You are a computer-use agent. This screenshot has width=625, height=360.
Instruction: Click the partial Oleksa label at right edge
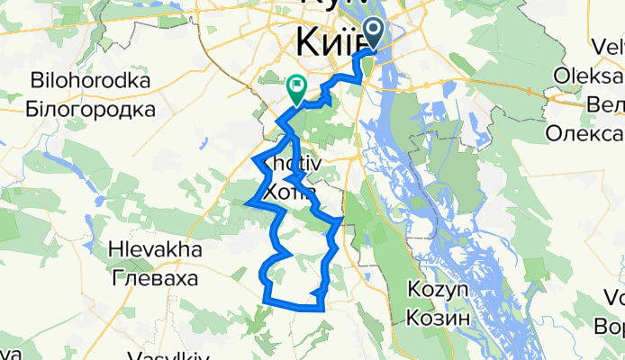tap(590, 75)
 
